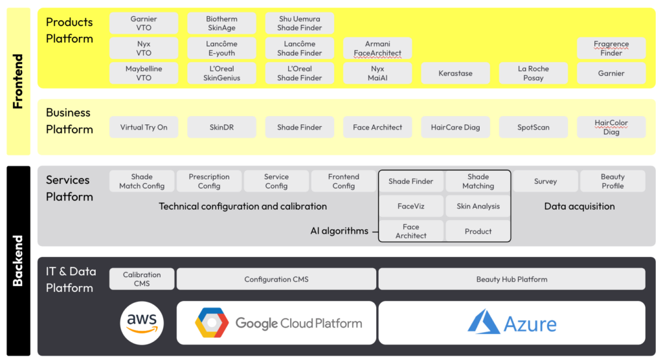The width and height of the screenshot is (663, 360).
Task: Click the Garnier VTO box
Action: pyautogui.click(x=144, y=24)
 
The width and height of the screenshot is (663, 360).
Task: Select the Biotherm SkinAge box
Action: pyautogui.click(x=221, y=24)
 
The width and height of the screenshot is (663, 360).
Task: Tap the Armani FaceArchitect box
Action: pyautogui.click(x=377, y=49)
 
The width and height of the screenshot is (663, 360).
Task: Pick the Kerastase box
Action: pyautogui.click(x=455, y=73)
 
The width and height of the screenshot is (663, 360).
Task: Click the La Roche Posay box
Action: pyautogui.click(x=533, y=73)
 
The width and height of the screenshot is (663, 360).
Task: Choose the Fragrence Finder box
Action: pyautogui.click(x=611, y=49)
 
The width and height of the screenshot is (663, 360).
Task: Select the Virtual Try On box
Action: pyautogui.click(x=144, y=128)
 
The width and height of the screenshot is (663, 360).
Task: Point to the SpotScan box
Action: pyautogui.click(x=533, y=128)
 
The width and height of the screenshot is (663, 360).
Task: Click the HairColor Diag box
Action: pyautogui.click(x=611, y=128)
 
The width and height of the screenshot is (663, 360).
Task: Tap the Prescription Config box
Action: pyautogui.click(x=209, y=181)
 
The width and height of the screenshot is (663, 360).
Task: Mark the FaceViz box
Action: pyautogui.click(x=411, y=207)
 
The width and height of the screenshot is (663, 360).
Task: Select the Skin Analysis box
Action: pyautogui.click(x=478, y=207)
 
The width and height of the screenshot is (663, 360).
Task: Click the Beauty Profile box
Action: pyautogui.click(x=612, y=181)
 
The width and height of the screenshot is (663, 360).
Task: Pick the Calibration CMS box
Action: pyautogui.click(x=142, y=279)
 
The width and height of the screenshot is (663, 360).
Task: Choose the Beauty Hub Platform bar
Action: pyautogui.click(x=511, y=279)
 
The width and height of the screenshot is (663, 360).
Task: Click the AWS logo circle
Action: pyautogui.click(x=142, y=322)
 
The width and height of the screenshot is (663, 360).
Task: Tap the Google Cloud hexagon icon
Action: pyautogui.click(x=212, y=323)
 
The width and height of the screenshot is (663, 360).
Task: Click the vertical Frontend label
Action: pyautogui.click(x=18, y=82)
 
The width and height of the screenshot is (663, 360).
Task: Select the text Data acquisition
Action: pyautogui.click(x=579, y=207)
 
